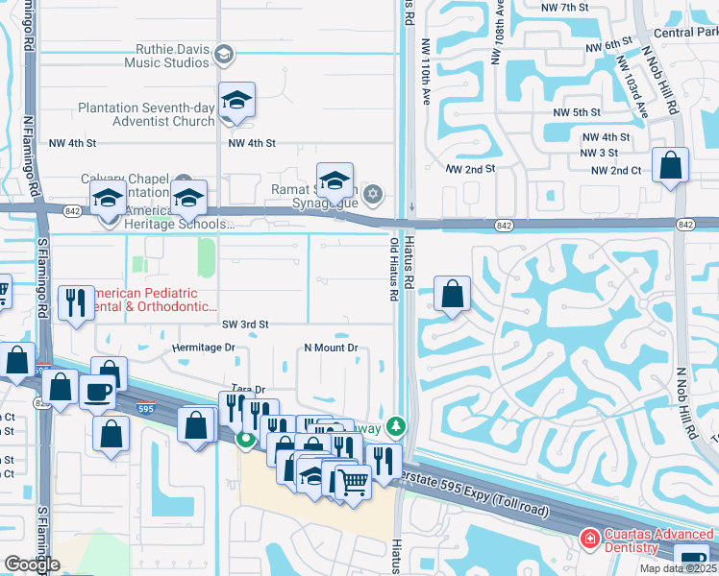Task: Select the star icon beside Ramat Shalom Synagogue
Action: point(374,195)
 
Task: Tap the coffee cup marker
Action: point(97,391)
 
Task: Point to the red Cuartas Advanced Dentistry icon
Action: point(587,540)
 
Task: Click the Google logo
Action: point(32,564)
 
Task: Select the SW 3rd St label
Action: point(245,325)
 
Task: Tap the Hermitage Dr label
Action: point(203,348)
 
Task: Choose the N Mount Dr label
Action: point(331,348)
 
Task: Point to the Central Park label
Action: point(685,33)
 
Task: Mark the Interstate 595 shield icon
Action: point(144,407)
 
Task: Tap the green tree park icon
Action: point(395,426)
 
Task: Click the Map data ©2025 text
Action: point(677,568)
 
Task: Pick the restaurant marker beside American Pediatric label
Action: point(74,302)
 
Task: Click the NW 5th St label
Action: point(577,112)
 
